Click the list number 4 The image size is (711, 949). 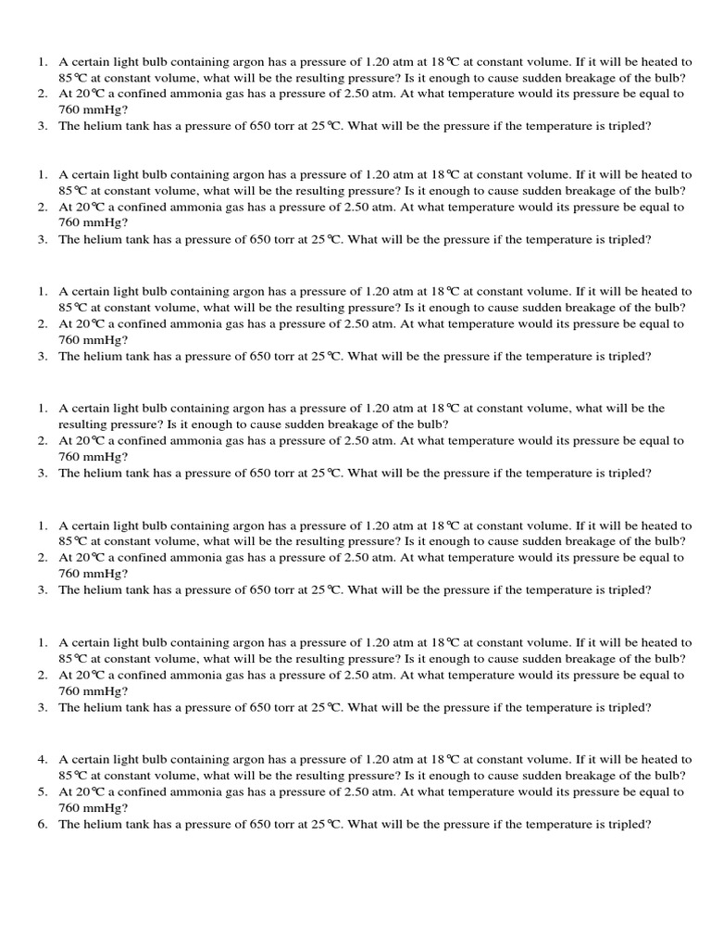[43, 759]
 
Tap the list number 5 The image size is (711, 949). [43, 792]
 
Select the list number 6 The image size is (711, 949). [43, 824]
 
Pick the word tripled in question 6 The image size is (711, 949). [630, 824]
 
